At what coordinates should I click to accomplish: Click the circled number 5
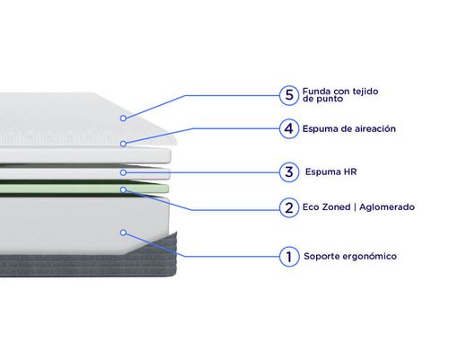click(289, 95)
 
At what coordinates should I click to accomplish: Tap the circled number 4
click(289, 128)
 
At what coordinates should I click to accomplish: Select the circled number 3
click(289, 172)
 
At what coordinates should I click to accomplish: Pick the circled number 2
click(289, 207)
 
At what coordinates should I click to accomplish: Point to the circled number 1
click(289, 257)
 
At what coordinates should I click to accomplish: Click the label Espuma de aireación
click(349, 129)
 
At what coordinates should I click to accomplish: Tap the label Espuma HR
click(330, 172)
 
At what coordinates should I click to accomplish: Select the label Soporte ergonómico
click(350, 256)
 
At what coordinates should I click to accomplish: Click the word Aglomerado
click(387, 207)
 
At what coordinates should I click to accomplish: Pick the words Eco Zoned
click(326, 207)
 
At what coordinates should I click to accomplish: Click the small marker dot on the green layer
click(123, 189)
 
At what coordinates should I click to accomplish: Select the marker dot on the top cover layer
click(123, 119)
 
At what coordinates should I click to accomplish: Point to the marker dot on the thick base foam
click(123, 233)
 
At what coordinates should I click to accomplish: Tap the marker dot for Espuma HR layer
click(123, 172)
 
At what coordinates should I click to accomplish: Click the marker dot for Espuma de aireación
click(123, 144)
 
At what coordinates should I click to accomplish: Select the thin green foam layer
click(84, 189)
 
